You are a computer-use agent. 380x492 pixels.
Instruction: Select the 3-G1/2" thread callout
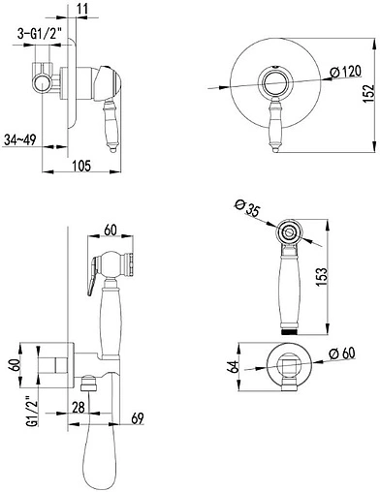[x=39, y=33]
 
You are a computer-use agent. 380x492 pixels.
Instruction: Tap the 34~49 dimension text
[x=20, y=139]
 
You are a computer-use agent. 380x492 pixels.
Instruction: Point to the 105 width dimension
[x=81, y=166]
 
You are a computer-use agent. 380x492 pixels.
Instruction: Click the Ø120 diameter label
[x=345, y=72]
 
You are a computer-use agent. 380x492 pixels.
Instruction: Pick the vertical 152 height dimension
[x=368, y=94]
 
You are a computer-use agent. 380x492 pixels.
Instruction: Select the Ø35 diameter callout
[x=247, y=208]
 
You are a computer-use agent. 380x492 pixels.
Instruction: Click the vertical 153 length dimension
[x=322, y=278]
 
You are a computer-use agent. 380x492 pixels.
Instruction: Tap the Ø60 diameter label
[x=342, y=353]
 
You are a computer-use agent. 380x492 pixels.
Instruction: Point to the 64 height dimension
[x=234, y=366]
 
